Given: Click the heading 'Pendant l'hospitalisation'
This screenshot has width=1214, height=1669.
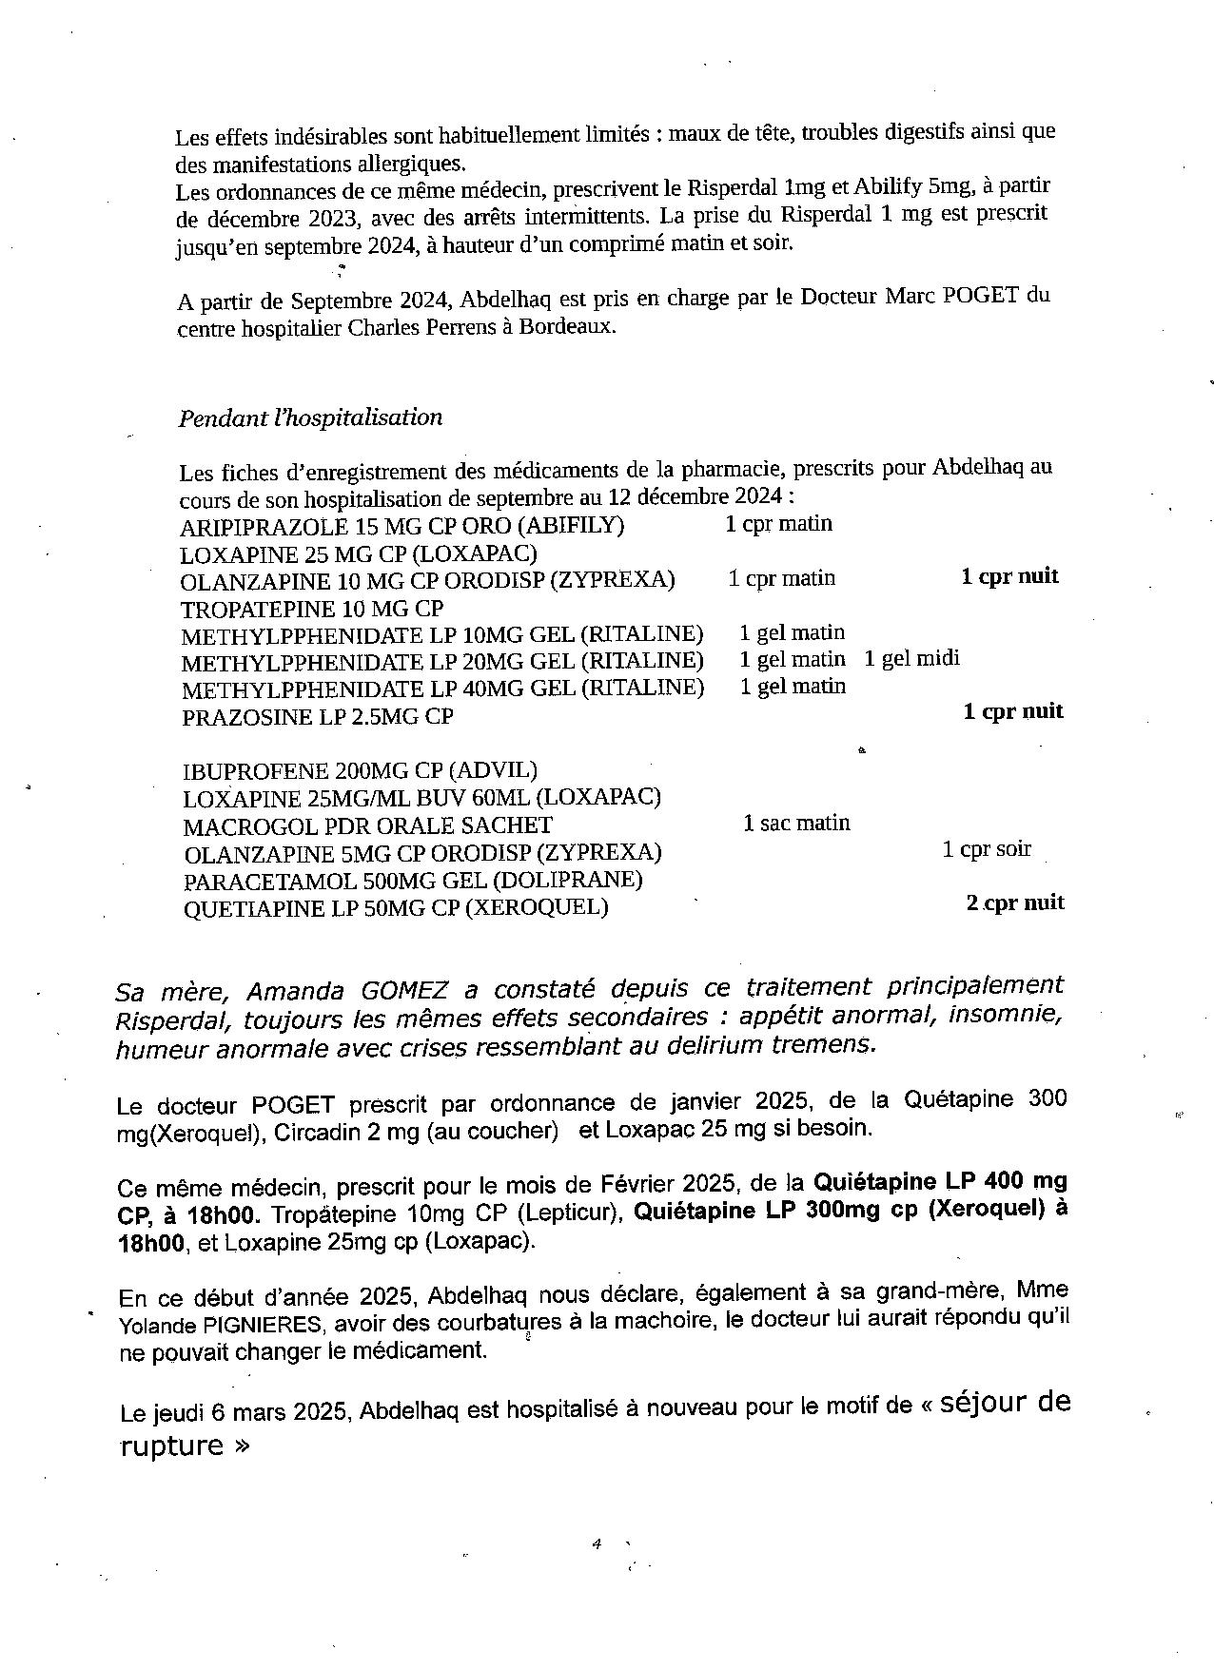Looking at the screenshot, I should click(310, 417).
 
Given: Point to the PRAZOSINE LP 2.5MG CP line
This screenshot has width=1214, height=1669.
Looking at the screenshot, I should click(317, 717).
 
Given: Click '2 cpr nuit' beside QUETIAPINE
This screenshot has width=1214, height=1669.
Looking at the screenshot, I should click(1015, 902).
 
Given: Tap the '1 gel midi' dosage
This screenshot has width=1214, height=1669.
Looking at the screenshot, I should click(911, 658).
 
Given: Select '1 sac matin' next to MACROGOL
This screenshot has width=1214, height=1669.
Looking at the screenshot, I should click(796, 823).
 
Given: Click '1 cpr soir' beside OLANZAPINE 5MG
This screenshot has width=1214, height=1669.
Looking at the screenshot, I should click(987, 848).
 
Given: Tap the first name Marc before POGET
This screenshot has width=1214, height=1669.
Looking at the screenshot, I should click(910, 295).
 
